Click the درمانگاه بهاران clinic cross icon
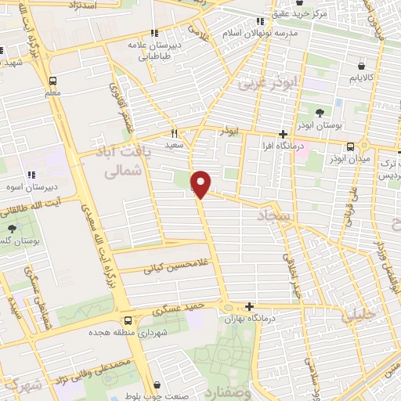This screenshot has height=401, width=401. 249,306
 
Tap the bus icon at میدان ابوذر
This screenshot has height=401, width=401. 349,146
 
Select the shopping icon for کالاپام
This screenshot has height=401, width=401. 359,66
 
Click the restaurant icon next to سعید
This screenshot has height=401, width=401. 175,133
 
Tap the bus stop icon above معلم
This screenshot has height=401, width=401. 52,81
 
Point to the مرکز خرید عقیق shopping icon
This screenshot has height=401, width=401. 261,21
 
